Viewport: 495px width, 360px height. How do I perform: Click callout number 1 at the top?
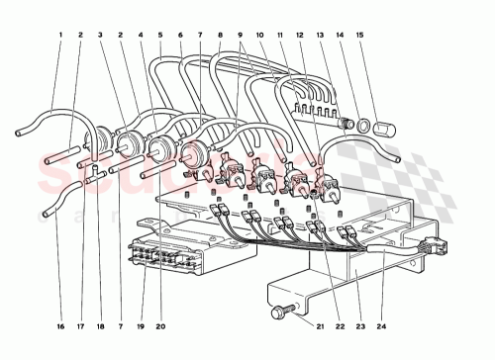point(60,37)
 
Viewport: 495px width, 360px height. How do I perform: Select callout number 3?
point(101,37)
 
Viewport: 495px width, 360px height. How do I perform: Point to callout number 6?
point(181,37)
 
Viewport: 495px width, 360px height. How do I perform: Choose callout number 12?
point(302,37)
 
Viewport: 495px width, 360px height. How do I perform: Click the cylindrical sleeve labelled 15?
point(385,130)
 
